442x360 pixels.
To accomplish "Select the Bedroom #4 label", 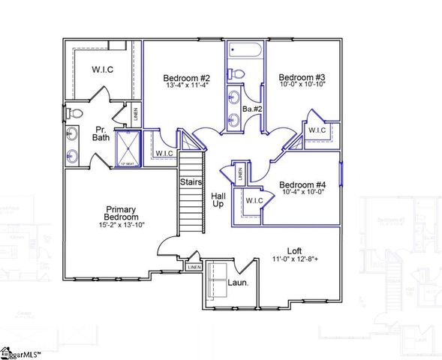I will click(301, 185).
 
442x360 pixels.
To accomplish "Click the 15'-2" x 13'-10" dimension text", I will click(120, 224).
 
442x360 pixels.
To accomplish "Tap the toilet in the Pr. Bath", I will click(74, 113).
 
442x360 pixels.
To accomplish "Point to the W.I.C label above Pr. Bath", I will click(102, 70).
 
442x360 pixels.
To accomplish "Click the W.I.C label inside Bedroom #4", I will click(254, 200).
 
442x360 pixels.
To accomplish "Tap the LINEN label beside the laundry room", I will click(194, 266).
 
